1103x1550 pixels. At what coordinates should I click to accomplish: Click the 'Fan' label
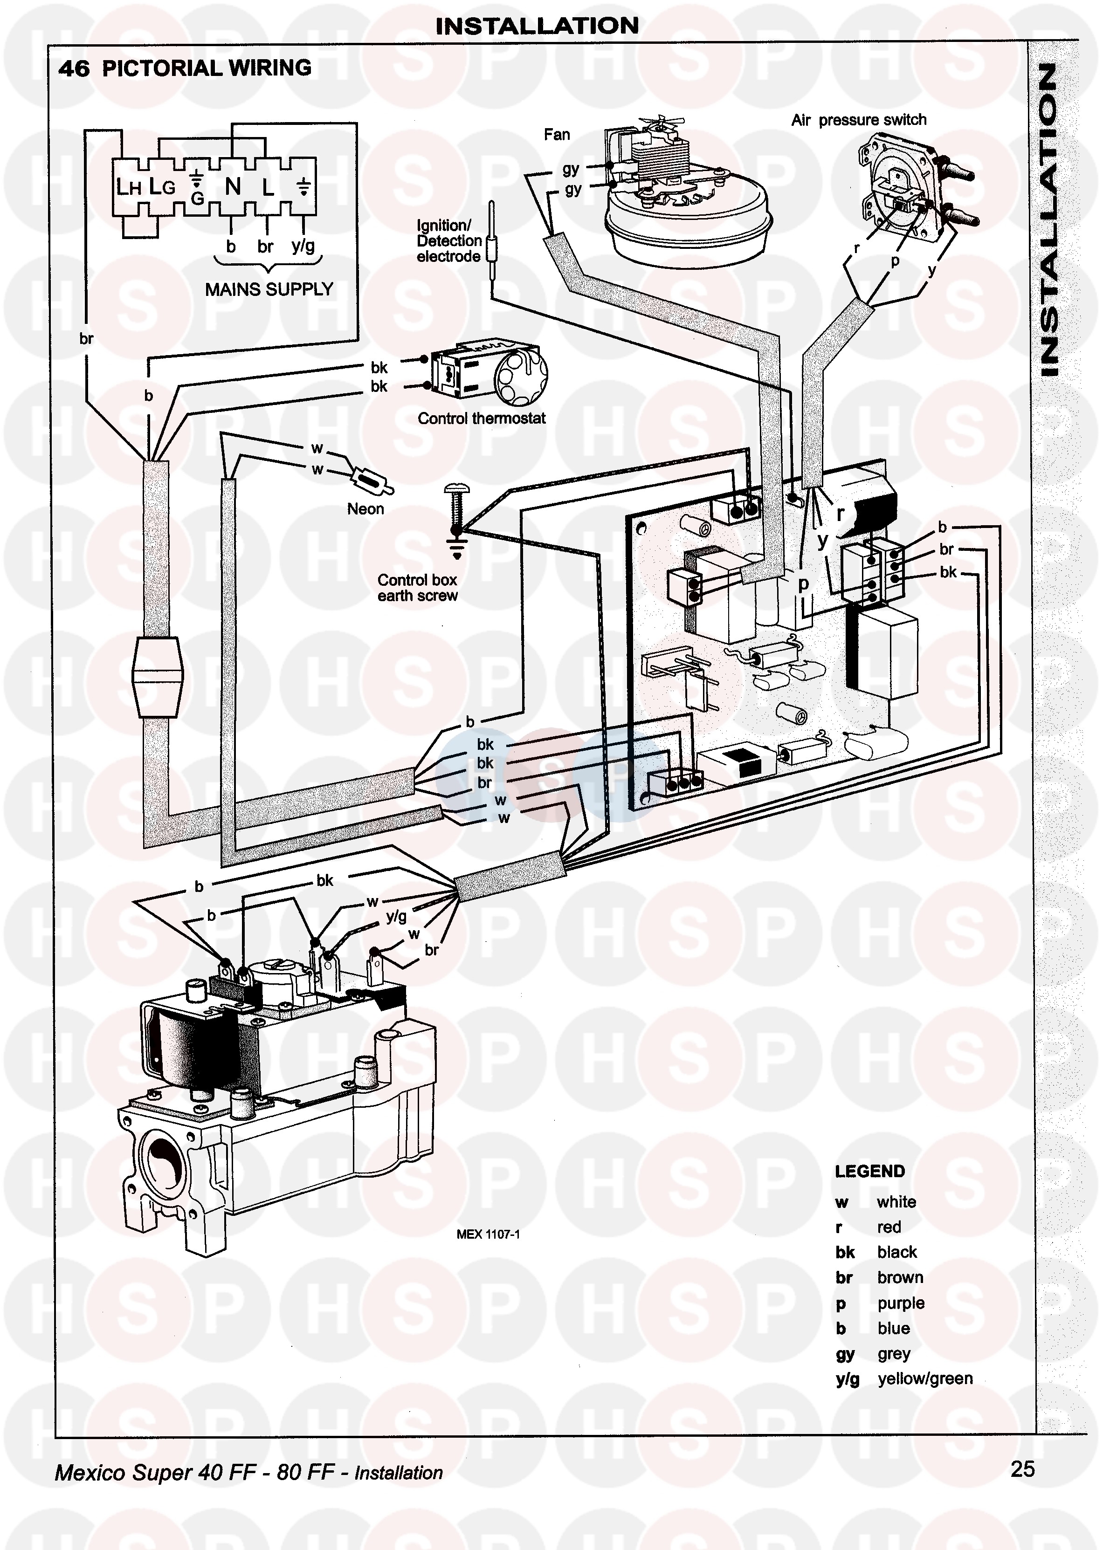556,134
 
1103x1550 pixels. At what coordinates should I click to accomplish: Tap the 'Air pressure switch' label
859,120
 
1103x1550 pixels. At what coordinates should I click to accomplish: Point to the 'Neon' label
365,508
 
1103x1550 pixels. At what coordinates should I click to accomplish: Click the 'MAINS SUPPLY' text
269,289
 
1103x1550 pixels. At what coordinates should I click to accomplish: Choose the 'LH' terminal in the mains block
128,187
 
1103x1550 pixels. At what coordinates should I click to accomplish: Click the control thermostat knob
520,377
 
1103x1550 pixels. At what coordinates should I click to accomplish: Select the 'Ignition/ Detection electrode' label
449,241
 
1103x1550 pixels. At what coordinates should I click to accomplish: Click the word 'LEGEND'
869,1171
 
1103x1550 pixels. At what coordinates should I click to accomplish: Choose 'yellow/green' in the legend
924,1378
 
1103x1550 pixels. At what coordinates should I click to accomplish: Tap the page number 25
1022,1469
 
